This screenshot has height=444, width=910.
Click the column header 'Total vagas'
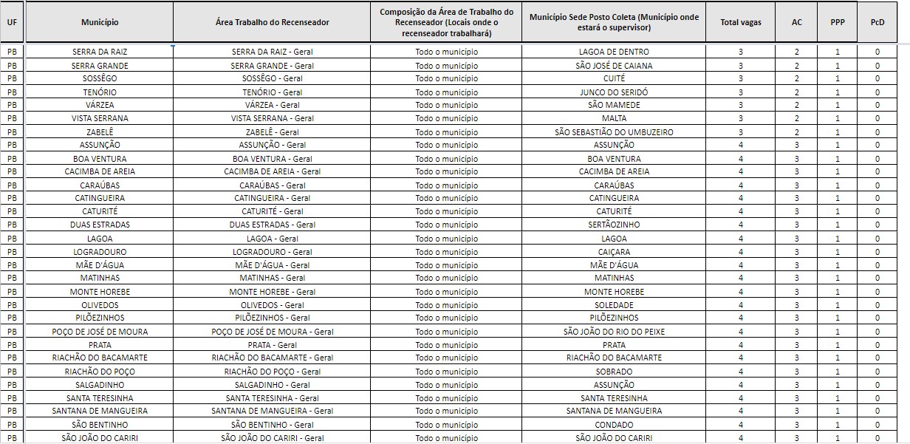[x=740, y=22]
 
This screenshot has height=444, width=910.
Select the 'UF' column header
[x=12, y=22]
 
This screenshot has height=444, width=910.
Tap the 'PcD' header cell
[x=877, y=22]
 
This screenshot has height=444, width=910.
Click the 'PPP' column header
[x=837, y=22]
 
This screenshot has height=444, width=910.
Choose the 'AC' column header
[x=796, y=22]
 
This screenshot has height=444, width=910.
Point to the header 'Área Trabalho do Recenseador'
[x=272, y=22]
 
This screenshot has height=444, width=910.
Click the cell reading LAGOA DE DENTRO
[x=614, y=52]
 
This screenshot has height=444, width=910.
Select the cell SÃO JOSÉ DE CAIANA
[x=614, y=66]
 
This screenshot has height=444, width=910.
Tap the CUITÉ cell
[x=614, y=78]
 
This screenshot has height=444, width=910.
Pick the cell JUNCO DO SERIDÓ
[x=614, y=92]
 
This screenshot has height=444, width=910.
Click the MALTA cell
[x=614, y=118]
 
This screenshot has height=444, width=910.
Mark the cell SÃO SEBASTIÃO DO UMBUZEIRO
[x=614, y=132]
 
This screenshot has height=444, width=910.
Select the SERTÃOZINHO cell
[x=614, y=225]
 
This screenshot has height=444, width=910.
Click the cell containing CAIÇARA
[x=614, y=252]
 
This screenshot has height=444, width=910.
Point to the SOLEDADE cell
[x=614, y=305]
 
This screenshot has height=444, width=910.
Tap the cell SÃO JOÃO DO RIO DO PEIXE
[x=614, y=332]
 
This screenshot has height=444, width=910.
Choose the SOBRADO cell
[x=614, y=372]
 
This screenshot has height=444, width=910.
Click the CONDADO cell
[x=614, y=425]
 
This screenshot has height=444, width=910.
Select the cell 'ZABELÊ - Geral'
[x=272, y=132]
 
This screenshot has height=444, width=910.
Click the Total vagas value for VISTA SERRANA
[x=740, y=118]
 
